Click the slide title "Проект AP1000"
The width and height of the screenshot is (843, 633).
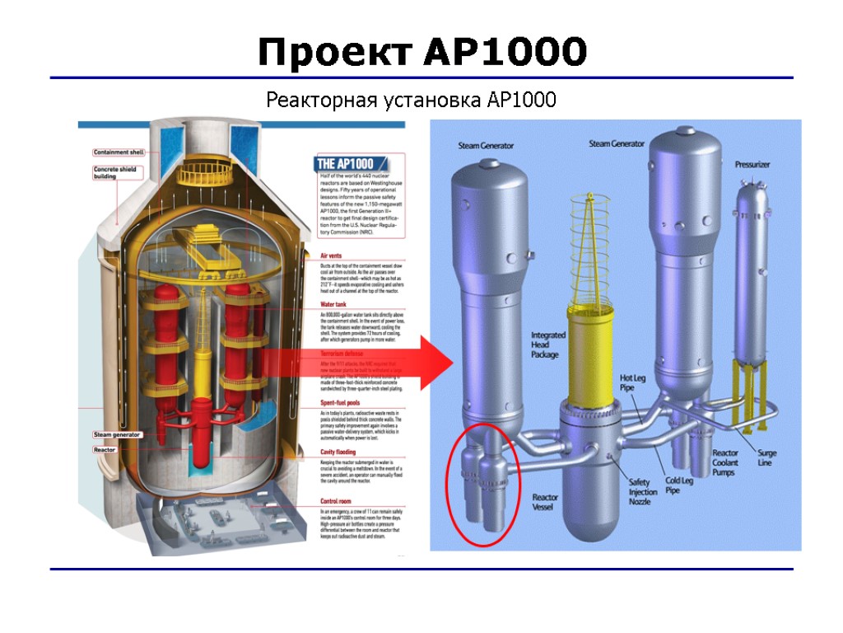(421, 53)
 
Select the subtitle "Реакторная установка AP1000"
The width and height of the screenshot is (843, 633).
(411, 101)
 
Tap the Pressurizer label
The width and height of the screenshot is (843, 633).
(752, 165)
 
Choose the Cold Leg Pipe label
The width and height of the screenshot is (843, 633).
(678, 485)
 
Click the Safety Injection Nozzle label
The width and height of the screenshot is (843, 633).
(643, 492)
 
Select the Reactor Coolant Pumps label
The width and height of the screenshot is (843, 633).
(725, 462)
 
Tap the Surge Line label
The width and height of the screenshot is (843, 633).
(766, 457)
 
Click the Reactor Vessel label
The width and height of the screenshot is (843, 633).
(545, 502)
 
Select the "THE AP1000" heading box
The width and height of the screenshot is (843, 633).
(346, 164)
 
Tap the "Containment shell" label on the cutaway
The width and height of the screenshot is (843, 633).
(119, 152)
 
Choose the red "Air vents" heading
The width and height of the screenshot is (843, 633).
(335, 256)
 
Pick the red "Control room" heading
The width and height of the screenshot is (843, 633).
(340, 501)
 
